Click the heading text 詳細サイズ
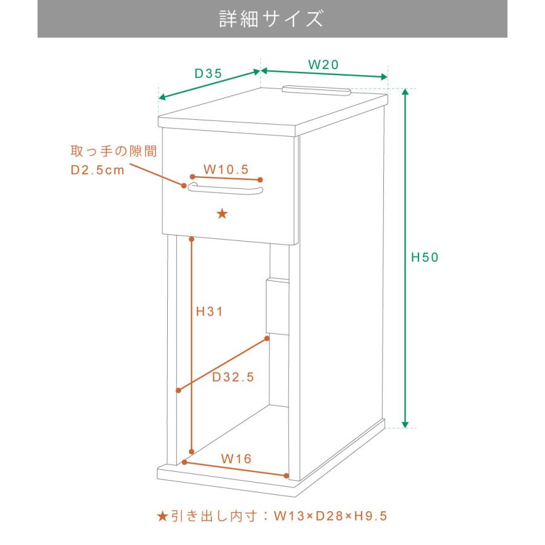coord(271,19)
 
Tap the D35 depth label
coord(208,73)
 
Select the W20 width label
coord(323,64)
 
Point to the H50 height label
coord(424,257)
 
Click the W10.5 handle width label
coord(226,170)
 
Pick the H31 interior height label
coord(210,311)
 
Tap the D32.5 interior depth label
coord(233,377)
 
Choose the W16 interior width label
coord(236,458)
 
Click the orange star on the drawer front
coord(222,213)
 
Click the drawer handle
coord(225,189)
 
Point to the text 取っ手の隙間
coord(114,151)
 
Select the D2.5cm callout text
coord(97,170)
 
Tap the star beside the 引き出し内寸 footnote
coord(162,516)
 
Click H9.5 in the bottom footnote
coord(371,516)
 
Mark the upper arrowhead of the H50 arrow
coord(405,92)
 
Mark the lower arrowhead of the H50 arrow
coord(405,424)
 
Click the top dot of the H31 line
coord(191,239)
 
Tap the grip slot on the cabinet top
coord(316,90)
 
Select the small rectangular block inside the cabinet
coord(278,306)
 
